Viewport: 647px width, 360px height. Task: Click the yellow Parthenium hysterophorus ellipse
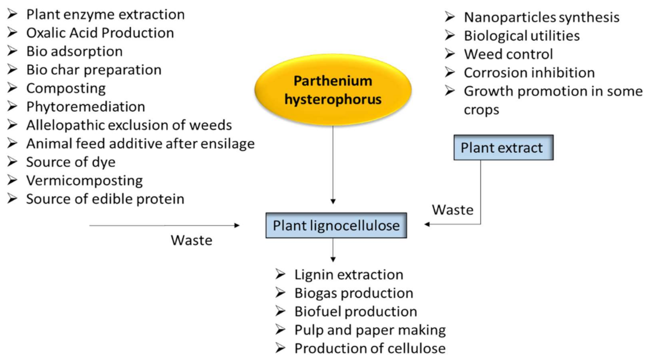coord(333,90)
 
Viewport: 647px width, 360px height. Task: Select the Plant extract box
coord(503,148)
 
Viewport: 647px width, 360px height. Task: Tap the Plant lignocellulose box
coord(336,225)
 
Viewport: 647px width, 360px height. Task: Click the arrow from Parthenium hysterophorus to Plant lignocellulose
coord(333,166)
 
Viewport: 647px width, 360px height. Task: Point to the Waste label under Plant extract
coord(452,210)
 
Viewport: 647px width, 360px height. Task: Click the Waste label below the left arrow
coord(191,240)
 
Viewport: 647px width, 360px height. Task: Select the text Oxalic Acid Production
coord(100,33)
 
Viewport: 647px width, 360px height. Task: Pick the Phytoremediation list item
coord(85,107)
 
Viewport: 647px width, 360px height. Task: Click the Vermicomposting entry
coord(84,180)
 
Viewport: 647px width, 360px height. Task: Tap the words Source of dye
coord(70,162)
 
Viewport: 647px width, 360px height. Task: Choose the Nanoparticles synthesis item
coord(541,17)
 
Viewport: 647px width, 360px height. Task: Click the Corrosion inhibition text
coord(529,73)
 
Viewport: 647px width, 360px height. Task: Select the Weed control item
coord(508,54)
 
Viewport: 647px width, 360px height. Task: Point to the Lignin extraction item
coord(348,275)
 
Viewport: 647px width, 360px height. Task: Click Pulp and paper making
coord(370,330)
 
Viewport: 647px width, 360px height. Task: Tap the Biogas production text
coord(353,293)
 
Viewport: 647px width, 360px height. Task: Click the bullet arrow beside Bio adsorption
coord(12,51)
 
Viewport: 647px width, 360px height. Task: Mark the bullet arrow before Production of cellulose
coord(280,348)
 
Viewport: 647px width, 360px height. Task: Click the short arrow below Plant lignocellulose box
coord(333,250)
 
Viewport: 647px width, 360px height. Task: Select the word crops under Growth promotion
coord(481,110)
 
